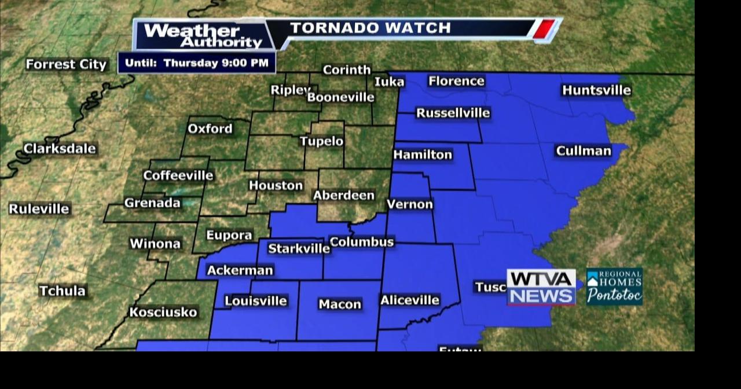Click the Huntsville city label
[x=596, y=90]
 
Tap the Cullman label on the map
[x=583, y=151]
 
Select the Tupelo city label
[x=321, y=141]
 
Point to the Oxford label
[x=210, y=129]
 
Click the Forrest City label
[x=67, y=64]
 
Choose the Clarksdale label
[x=60, y=149]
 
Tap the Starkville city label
[x=299, y=249]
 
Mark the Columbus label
[x=361, y=242]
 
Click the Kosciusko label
[x=163, y=312]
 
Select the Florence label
[x=456, y=81]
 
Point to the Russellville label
[x=453, y=113]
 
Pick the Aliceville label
[x=410, y=300]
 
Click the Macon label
[x=340, y=304]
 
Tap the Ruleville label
[x=39, y=208]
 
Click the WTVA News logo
[x=541, y=287]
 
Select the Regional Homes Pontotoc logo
[x=614, y=287]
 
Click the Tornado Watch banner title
[x=370, y=28]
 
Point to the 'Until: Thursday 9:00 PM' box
[x=197, y=63]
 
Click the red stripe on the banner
[x=544, y=29]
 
